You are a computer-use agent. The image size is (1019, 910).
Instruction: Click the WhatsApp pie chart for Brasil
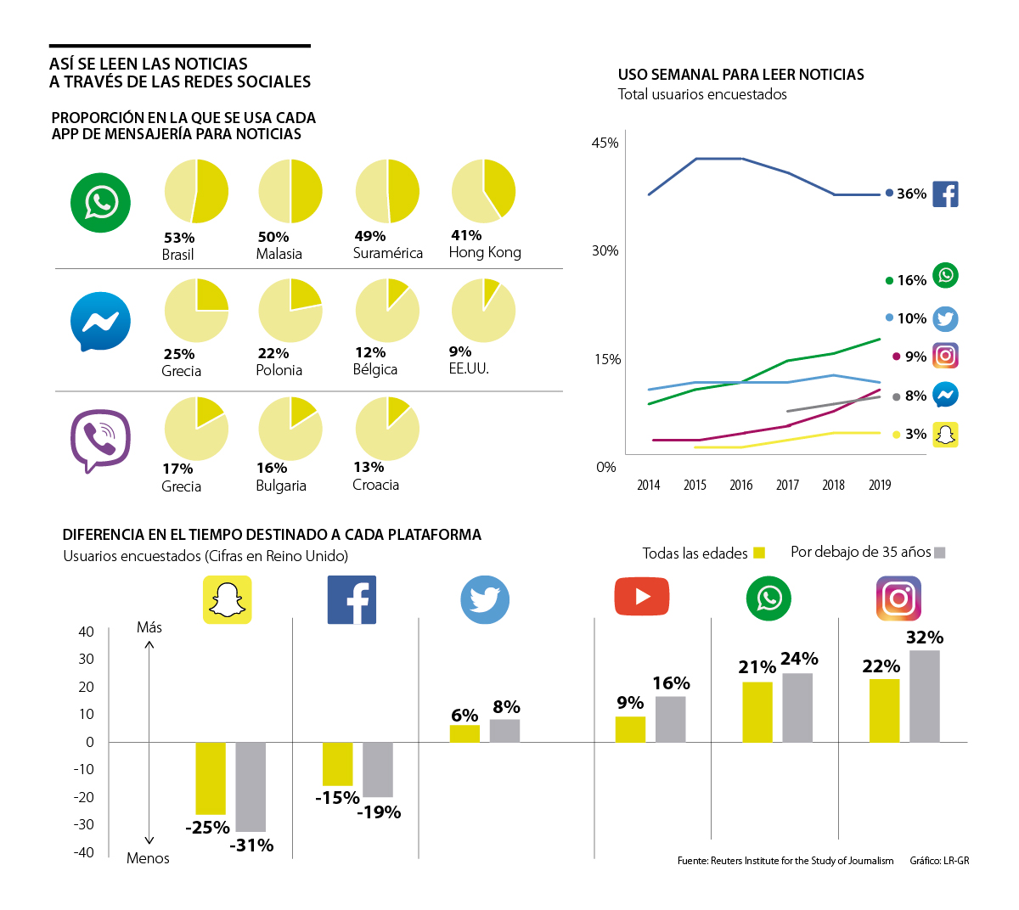[196, 191]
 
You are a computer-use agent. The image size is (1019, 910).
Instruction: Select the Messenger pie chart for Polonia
[290, 310]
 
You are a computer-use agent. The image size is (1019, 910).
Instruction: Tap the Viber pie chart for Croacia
[387, 428]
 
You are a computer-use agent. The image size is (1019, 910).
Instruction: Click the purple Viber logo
[100, 440]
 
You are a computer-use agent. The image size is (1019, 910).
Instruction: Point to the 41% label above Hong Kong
[466, 235]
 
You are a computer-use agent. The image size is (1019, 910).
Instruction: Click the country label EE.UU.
[469, 368]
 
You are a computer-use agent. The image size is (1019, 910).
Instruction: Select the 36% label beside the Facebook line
[911, 194]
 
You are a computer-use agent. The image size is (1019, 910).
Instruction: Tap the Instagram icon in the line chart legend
[945, 356]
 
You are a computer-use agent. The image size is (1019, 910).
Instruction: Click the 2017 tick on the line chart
[787, 485]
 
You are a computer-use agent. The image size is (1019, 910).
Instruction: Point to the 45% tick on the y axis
[605, 143]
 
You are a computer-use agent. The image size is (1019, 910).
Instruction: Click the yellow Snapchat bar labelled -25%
[211, 778]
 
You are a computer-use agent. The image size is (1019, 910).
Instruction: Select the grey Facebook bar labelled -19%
[378, 769]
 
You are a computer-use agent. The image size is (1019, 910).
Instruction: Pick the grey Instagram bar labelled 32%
[925, 696]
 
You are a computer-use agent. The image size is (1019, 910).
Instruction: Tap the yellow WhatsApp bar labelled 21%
[757, 712]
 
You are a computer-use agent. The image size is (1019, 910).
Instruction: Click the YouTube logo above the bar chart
[642, 597]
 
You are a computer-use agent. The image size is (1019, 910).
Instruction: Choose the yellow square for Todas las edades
[759, 553]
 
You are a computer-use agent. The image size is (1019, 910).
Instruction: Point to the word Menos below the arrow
[148, 858]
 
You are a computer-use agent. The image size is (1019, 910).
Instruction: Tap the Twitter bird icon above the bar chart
[485, 600]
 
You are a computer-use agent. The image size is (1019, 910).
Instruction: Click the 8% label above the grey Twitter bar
[506, 707]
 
